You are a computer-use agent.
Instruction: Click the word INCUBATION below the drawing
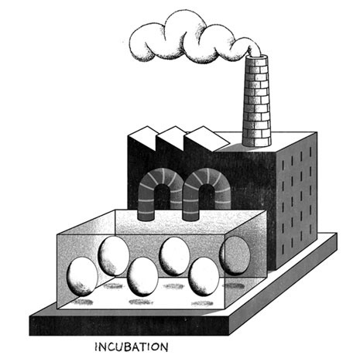(132, 347)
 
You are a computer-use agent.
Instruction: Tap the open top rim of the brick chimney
(258, 56)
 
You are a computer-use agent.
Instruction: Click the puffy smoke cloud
(191, 39)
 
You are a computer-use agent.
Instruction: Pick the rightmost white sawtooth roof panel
(207, 139)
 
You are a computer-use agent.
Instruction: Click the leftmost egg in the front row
(82, 277)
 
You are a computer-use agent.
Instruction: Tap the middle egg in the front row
(142, 277)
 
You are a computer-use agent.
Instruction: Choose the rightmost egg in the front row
(204, 277)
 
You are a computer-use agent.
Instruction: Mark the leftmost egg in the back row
(114, 256)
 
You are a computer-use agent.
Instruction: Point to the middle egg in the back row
(174, 256)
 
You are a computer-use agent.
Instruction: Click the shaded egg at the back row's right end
(235, 255)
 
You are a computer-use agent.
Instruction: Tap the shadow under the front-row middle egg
(141, 302)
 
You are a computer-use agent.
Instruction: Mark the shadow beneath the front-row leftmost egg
(82, 302)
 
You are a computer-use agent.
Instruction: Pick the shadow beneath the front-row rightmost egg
(202, 303)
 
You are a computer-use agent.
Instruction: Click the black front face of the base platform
(129, 326)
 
